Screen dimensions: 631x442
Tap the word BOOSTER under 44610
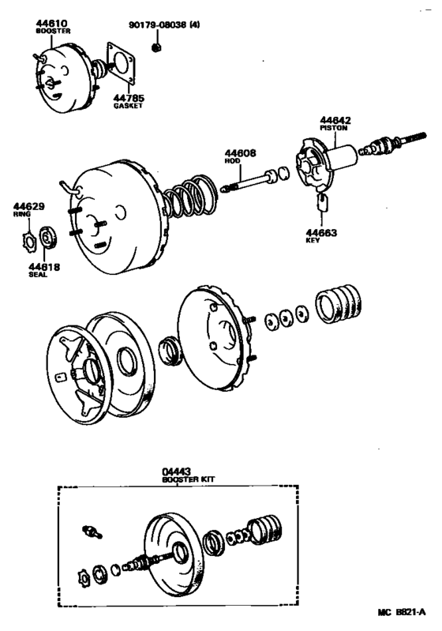51,33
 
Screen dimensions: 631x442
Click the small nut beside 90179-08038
157,48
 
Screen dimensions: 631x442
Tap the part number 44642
335,120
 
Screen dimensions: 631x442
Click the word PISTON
335,128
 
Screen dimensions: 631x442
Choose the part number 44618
51,267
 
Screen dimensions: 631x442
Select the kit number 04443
177,469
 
